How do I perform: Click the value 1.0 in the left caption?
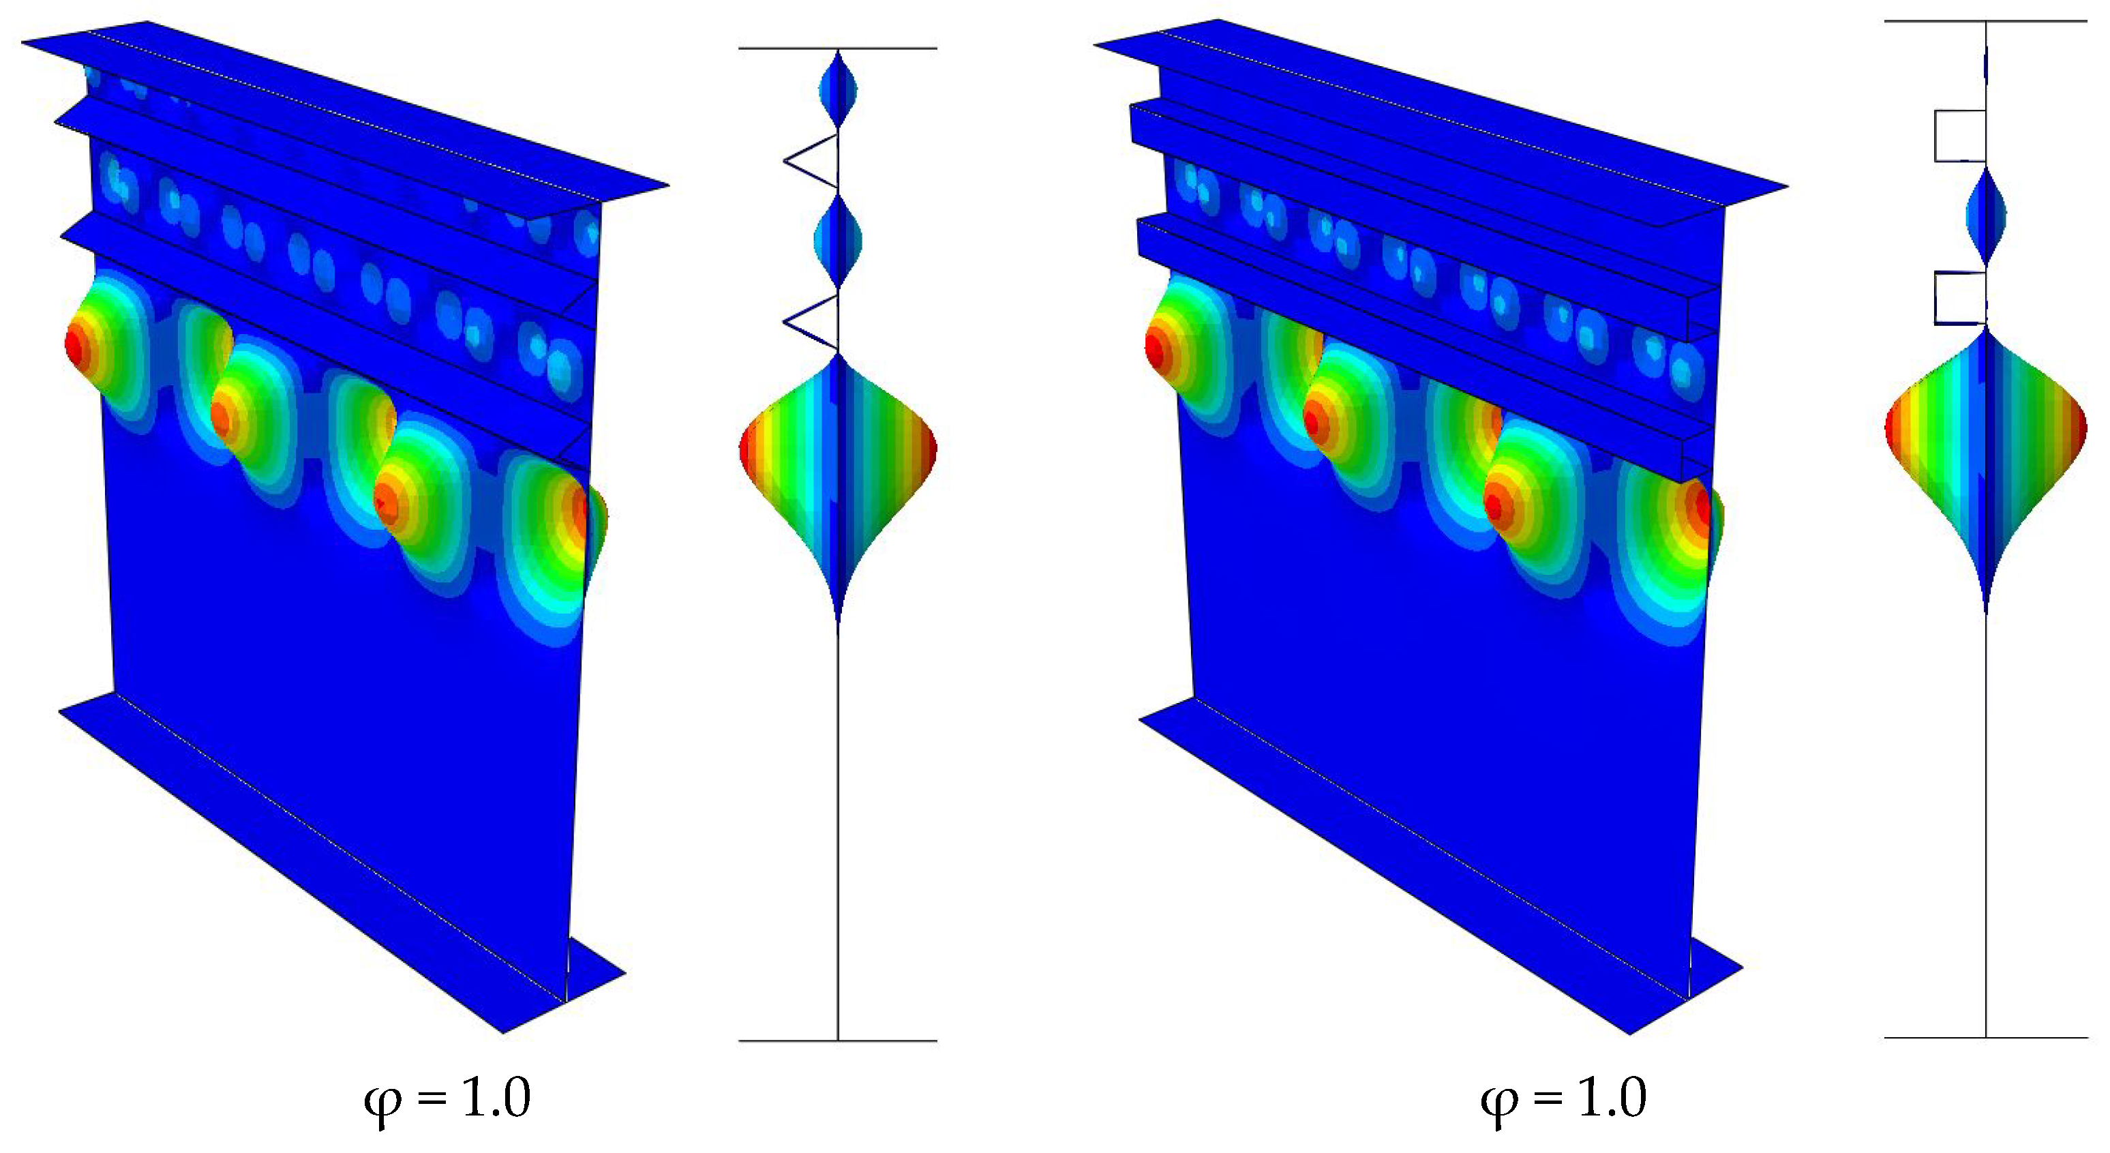(x=496, y=1097)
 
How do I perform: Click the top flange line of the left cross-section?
(x=838, y=48)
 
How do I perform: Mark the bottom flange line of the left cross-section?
(x=838, y=1040)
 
